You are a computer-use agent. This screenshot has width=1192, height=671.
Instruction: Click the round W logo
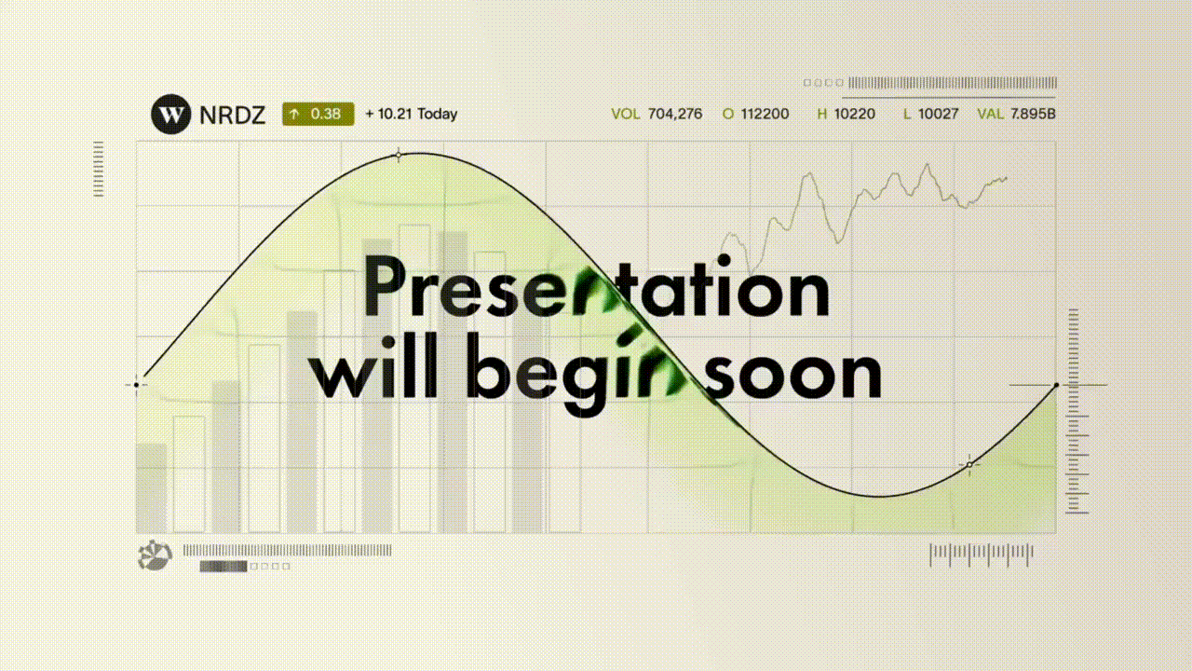170,114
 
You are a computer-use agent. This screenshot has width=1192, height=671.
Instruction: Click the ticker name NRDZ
232,115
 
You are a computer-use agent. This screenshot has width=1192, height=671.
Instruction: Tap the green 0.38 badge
318,114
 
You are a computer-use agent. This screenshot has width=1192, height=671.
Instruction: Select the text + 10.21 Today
412,114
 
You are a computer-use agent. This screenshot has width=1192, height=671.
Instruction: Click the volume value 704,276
675,114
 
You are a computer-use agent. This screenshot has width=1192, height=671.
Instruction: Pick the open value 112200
765,114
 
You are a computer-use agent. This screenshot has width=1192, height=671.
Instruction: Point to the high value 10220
855,114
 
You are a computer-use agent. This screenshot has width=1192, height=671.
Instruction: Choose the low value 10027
938,114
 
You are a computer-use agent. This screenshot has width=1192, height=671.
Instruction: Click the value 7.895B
1033,114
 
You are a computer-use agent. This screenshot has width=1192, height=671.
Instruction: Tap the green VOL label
626,114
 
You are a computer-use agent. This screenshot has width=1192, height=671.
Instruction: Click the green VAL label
990,114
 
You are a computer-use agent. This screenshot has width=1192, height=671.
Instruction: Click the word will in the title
373,366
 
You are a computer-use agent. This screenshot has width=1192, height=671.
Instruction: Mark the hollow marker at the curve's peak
399,156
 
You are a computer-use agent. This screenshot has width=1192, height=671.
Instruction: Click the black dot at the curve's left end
137,385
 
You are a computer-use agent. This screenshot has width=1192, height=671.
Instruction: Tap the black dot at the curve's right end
1056,385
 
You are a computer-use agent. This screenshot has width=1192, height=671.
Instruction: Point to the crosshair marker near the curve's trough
969,465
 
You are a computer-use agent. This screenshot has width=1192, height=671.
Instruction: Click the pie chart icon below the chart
155,555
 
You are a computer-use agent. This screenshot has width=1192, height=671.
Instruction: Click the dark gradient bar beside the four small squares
223,566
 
